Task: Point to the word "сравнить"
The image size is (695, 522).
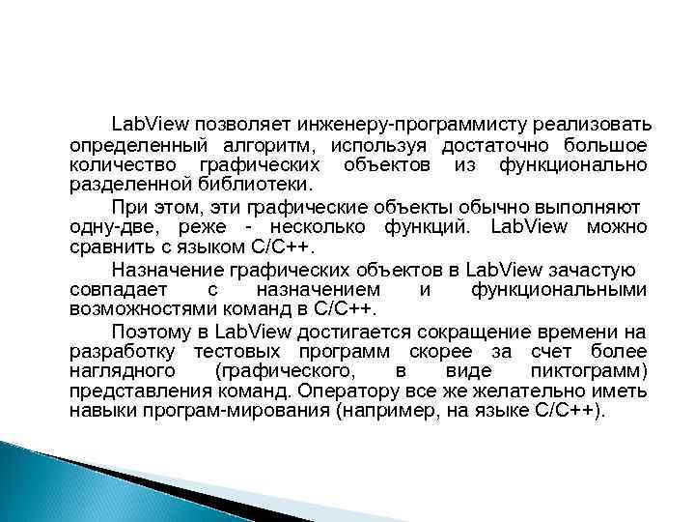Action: (x=110, y=246)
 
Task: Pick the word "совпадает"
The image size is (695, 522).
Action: (x=116, y=288)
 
